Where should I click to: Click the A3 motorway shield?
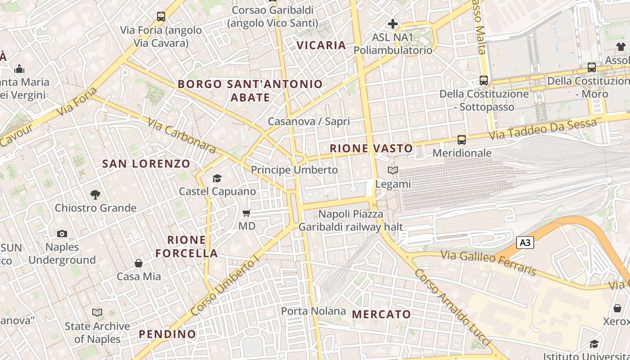pos(525,243)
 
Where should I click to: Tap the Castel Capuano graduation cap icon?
pos(217,179)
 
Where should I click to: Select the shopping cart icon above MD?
pos(246,213)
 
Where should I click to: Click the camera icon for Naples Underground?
pos(62,234)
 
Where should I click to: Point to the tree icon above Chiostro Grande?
pos(95,195)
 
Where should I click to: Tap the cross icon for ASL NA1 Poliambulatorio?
pos(393,23)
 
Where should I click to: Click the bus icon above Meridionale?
pos(462,140)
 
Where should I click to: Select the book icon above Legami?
pos(393,171)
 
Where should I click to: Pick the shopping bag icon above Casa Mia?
pos(139,263)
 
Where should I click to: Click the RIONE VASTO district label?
pos(371,148)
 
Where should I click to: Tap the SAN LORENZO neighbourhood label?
pos(146,164)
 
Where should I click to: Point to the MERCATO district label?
pos(382,314)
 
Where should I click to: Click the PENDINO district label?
pos(167,334)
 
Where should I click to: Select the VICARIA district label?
pos(321,45)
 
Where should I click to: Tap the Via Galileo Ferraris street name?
pos(489,263)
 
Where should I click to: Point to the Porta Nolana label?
pos(314,311)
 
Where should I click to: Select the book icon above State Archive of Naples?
pos(97,312)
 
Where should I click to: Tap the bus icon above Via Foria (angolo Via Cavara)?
pos(161,17)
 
